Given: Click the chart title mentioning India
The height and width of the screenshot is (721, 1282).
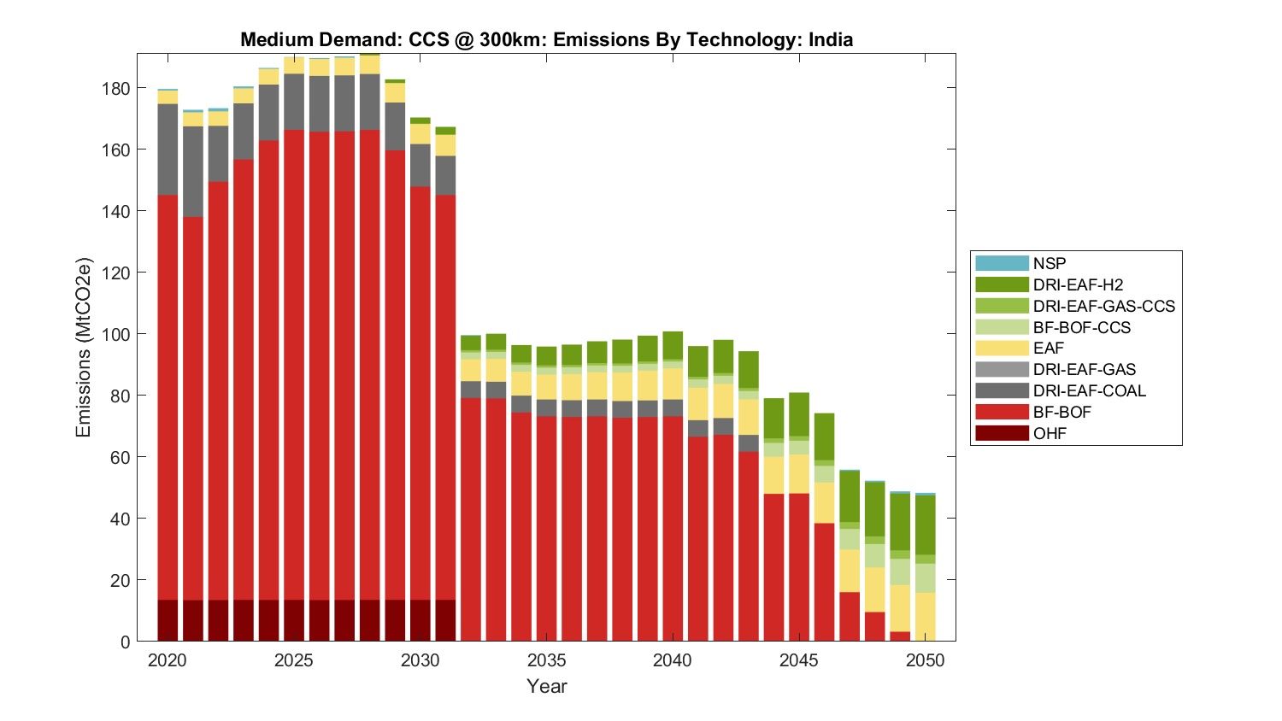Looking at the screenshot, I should (x=546, y=39).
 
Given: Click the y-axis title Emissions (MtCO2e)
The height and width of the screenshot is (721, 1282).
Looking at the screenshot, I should (x=83, y=347).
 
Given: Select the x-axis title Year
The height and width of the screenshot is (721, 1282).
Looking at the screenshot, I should (x=546, y=686).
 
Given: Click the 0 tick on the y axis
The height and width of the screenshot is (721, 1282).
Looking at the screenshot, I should (x=126, y=642).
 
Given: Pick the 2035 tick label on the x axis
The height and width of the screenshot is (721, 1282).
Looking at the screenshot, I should (x=546, y=660).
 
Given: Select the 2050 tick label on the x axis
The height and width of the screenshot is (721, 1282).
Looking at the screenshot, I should (x=925, y=660).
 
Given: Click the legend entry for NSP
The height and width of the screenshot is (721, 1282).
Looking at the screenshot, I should (x=1049, y=263).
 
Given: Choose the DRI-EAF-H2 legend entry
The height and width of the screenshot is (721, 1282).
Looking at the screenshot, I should (x=1077, y=284).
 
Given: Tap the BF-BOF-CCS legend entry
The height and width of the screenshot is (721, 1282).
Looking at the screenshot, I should (x=1081, y=327).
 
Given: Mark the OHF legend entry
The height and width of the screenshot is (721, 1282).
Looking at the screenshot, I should (x=1050, y=433).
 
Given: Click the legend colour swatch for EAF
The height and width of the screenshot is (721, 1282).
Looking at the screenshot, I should (x=1002, y=348).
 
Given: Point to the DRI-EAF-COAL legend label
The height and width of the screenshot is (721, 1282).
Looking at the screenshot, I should (x=1089, y=390).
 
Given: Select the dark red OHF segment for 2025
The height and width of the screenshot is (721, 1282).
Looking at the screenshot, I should (x=294, y=620).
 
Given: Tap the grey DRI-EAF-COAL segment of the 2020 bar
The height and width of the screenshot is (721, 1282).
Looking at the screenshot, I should (x=168, y=149).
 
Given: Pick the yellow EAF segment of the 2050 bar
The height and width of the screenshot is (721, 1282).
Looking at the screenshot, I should (x=925, y=617).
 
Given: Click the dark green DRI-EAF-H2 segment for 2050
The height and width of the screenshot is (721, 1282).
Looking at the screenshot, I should (x=925, y=525).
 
